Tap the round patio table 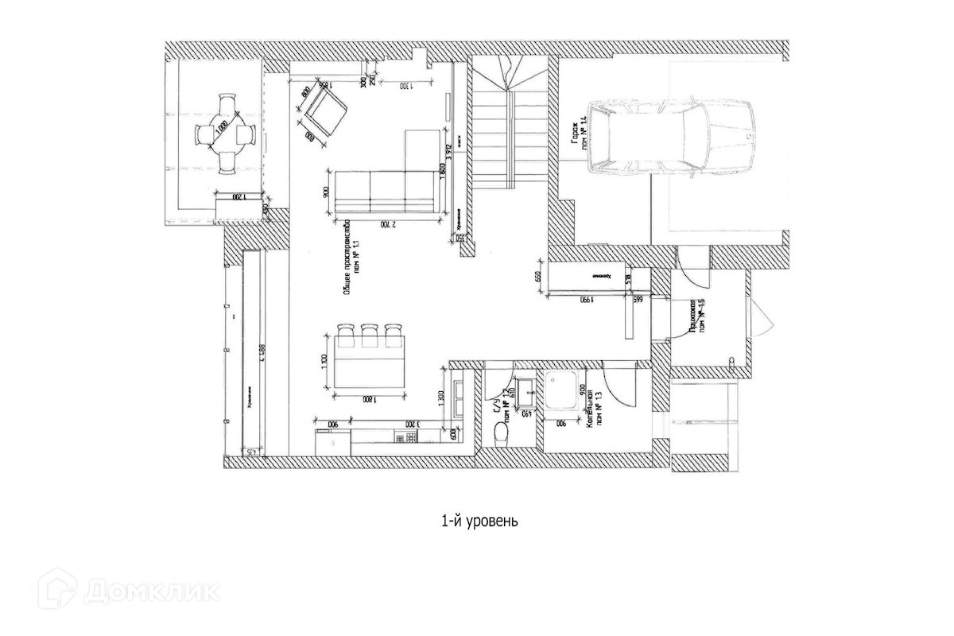pos(225,134)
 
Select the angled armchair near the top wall pos(324,111)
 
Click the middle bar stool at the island pos(370,333)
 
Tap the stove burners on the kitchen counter pos(409,438)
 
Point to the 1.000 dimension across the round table pos(223,132)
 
